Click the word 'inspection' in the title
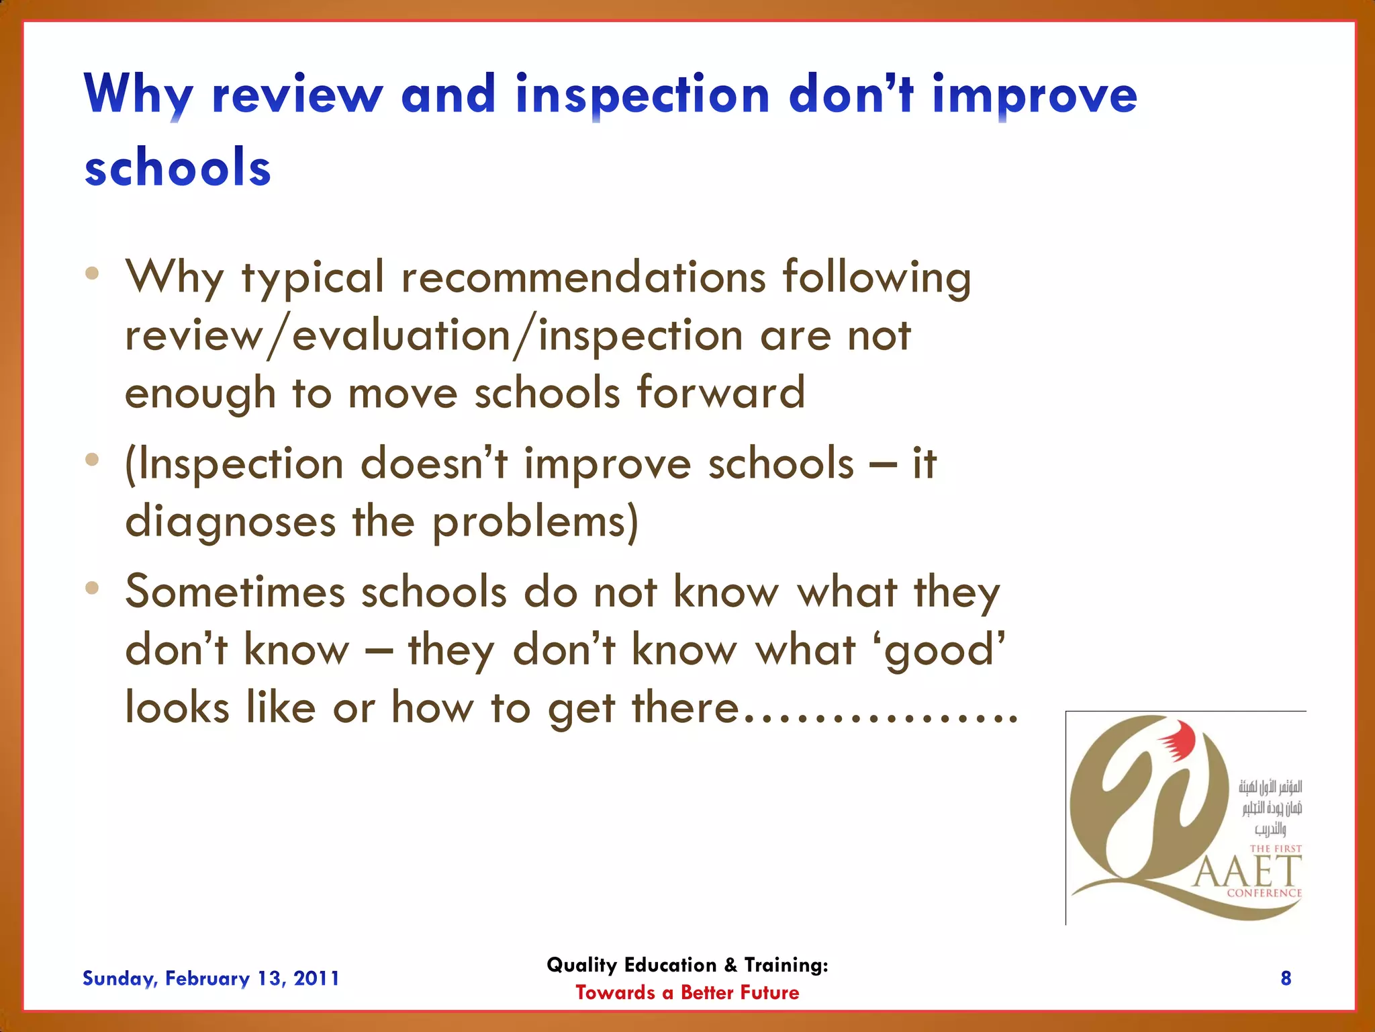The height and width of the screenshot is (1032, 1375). (x=642, y=95)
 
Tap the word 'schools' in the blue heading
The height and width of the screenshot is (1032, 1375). (x=177, y=168)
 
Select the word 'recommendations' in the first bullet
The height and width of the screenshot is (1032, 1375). (x=583, y=277)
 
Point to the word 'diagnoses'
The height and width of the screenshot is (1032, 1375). (x=230, y=523)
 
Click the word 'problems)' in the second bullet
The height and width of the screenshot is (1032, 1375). (x=535, y=523)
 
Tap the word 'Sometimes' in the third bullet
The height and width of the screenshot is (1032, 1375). (x=235, y=593)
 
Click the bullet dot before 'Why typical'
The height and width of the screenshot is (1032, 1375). (x=92, y=273)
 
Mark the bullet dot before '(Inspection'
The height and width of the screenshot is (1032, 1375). (x=92, y=460)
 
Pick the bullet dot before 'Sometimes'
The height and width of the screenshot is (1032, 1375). (x=92, y=589)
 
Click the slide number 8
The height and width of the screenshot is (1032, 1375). (x=1286, y=978)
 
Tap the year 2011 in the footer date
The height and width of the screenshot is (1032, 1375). (x=316, y=978)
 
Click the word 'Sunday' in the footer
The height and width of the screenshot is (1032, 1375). (x=119, y=979)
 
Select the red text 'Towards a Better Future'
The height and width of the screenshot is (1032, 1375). (x=687, y=992)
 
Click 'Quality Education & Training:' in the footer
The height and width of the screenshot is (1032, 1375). (x=687, y=965)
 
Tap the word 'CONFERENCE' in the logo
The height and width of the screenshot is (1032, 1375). (x=1264, y=893)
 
